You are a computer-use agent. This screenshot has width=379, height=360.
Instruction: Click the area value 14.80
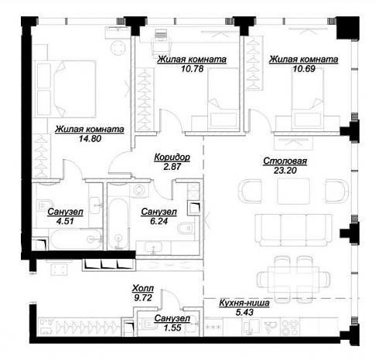(90, 139)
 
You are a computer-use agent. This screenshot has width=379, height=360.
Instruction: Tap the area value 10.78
(193, 69)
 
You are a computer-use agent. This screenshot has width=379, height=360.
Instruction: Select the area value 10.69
(304, 69)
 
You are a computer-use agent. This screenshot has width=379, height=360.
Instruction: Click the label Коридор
(172, 157)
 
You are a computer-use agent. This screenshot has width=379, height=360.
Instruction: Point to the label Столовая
(285, 161)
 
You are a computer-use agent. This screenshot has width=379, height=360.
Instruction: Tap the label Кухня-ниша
(244, 303)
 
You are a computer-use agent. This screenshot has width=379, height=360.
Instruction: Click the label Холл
(143, 288)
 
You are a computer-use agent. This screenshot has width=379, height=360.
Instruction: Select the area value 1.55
(172, 328)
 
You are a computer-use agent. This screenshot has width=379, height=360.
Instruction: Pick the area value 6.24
(159, 221)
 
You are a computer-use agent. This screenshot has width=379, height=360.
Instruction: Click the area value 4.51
(65, 221)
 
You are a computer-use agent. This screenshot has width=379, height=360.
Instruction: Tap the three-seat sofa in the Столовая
(293, 229)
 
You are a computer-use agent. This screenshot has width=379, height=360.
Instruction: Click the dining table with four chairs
(293, 280)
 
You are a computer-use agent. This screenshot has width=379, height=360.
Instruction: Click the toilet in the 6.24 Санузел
(186, 228)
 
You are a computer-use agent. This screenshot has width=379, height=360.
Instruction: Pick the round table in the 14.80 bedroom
(118, 47)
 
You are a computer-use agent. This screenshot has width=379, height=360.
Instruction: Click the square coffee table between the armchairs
(293, 192)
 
